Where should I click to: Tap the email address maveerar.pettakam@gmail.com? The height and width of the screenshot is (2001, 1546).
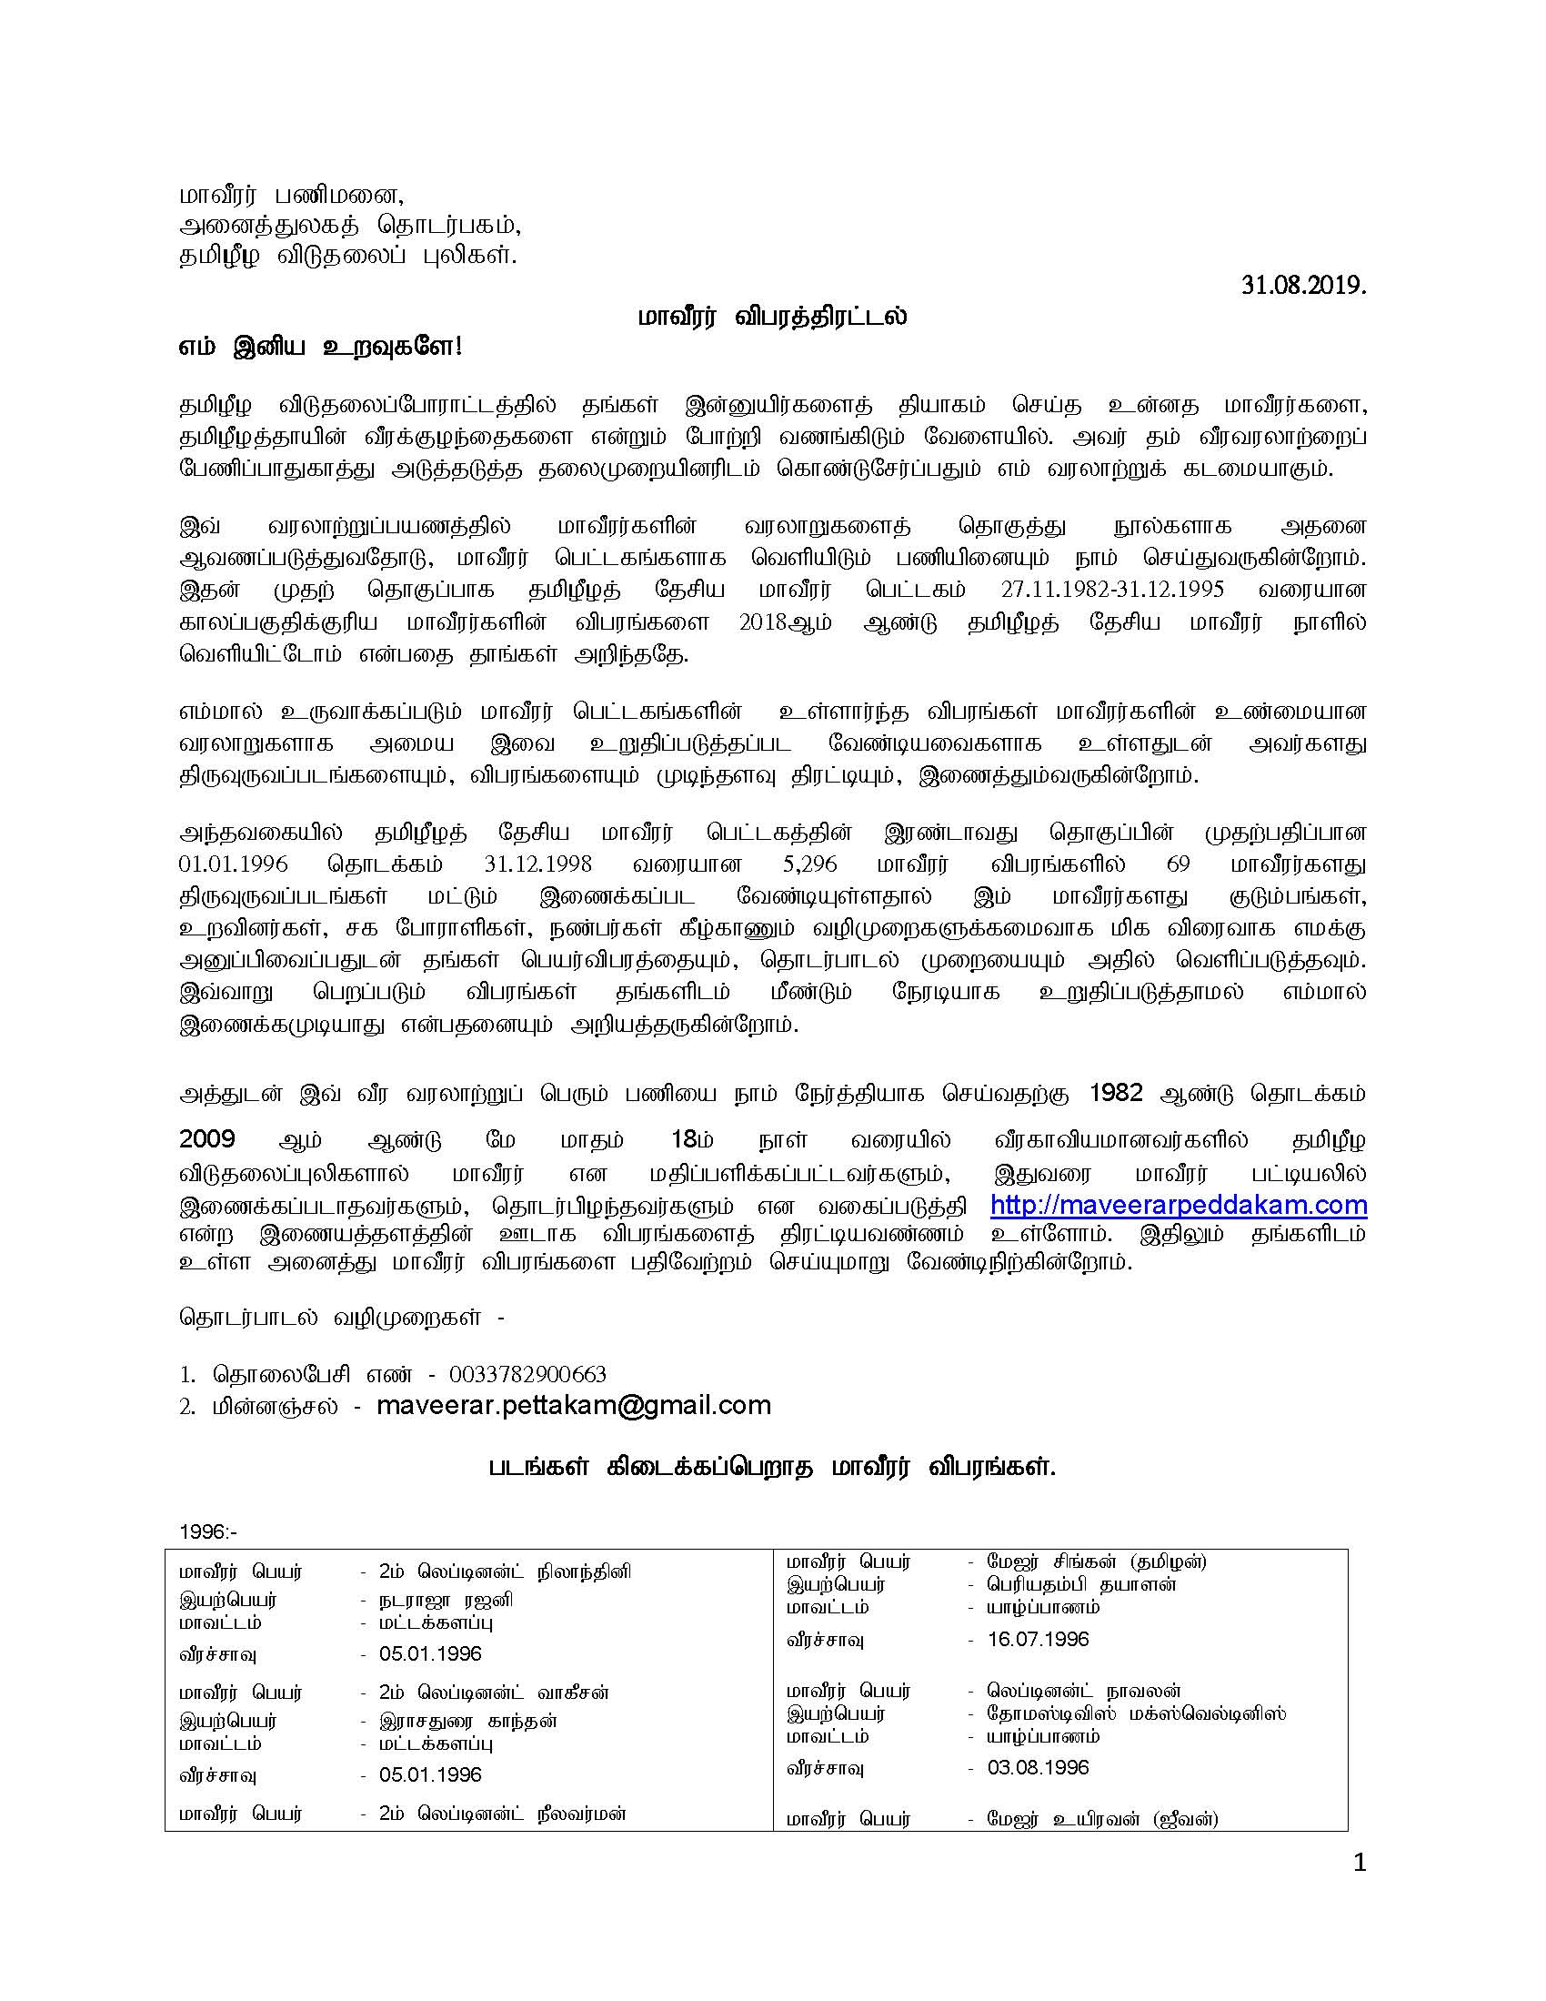coord(573,1406)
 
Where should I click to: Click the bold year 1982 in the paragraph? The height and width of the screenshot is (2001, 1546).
coord(1117,1093)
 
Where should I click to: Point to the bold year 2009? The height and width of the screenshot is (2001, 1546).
coord(207,1139)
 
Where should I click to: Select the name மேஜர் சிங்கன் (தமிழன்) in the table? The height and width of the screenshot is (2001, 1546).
coord(1097,1561)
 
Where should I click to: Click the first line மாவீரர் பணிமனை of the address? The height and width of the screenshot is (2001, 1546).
coord(290,196)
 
